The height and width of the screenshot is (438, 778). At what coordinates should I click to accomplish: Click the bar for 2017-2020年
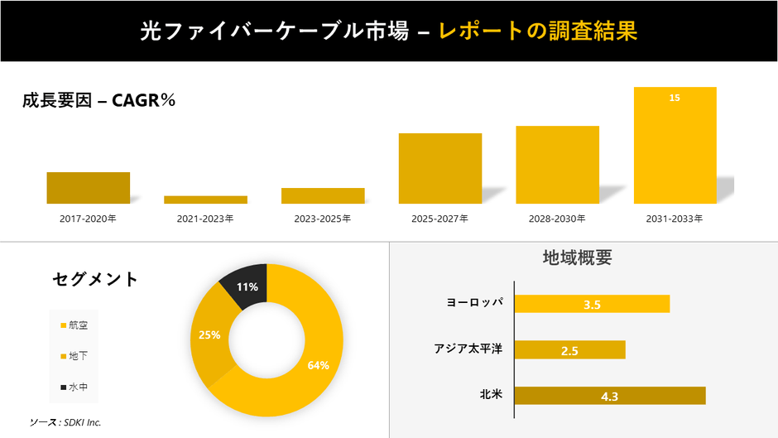pyautogui.click(x=88, y=188)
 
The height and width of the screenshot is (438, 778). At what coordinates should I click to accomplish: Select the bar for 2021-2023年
pyautogui.click(x=205, y=200)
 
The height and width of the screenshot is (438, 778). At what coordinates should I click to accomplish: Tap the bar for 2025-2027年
pyautogui.click(x=439, y=168)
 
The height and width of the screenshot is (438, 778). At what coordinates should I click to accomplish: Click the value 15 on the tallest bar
pyautogui.click(x=675, y=98)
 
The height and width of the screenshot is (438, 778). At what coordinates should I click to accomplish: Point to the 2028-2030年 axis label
pyautogui.click(x=557, y=219)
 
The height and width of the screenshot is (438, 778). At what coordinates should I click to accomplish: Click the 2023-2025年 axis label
pyautogui.click(x=323, y=219)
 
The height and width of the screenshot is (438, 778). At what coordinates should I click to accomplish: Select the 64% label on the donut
pyautogui.click(x=319, y=365)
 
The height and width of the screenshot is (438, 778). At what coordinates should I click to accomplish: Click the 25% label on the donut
pyautogui.click(x=209, y=335)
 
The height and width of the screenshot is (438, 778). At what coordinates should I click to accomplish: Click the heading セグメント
pyautogui.click(x=95, y=279)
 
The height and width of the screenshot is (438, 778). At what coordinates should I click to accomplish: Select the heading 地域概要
pyautogui.click(x=577, y=257)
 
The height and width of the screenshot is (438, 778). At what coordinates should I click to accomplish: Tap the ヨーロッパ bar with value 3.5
pyautogui.click(x=592, y=304)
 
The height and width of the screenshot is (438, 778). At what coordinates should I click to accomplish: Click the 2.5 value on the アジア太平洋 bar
pyautogui.click(x=569, y=350)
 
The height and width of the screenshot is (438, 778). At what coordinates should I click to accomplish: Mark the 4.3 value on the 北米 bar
pyautogui.click(x=610, y=396)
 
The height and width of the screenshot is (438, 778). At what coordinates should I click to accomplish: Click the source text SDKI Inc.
pyautogui.click(x=65, y=422)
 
